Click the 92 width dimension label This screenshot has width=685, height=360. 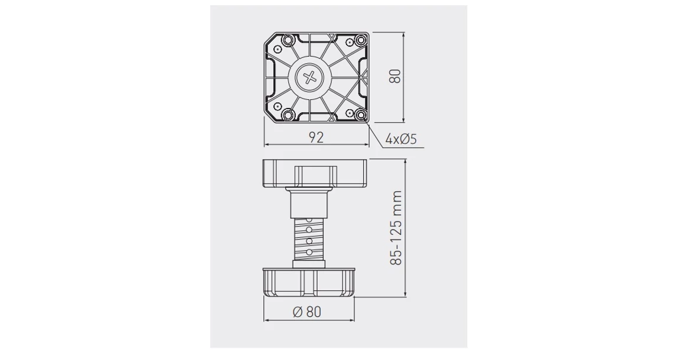317,138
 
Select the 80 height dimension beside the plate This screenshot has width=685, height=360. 395,76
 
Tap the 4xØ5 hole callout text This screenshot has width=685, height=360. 401,139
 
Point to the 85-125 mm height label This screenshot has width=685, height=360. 396,227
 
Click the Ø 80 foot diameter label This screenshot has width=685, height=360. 307,312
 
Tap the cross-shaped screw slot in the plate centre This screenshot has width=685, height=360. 310,78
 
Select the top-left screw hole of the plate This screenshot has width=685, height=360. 288,41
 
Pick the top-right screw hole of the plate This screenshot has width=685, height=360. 360,40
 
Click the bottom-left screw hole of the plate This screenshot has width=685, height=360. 288,115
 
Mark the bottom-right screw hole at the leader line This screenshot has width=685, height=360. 361,114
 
